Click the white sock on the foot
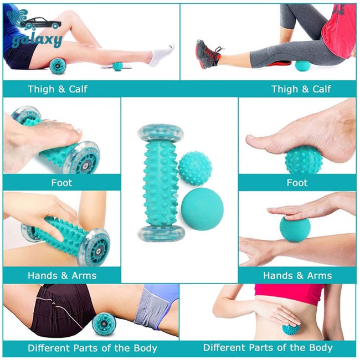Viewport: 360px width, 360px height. [x=161, y=54]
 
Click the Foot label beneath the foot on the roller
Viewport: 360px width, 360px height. [x=61, y=182]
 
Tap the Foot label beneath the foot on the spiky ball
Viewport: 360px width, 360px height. [x=297, y=182]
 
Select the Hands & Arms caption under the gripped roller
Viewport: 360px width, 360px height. [x=61, y=275]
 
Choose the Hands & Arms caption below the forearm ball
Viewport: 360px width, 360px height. [x=297, y=275]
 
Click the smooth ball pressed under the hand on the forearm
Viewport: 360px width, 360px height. [x=295, y=228]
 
